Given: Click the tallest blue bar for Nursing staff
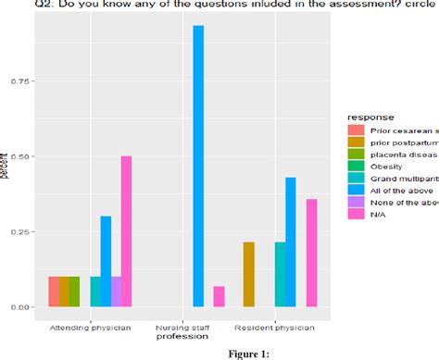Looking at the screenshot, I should point(197,167).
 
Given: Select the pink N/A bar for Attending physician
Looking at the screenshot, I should point(126,231).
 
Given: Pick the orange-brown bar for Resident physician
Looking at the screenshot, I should point(248,274).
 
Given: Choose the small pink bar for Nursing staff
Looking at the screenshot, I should point(219,296).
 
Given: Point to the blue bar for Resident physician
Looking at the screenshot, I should point(291,242).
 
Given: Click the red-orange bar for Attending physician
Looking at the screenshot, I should point(54,292).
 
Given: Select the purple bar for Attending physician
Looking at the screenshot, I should point(116,292).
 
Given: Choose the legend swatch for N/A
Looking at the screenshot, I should point(354,214).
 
